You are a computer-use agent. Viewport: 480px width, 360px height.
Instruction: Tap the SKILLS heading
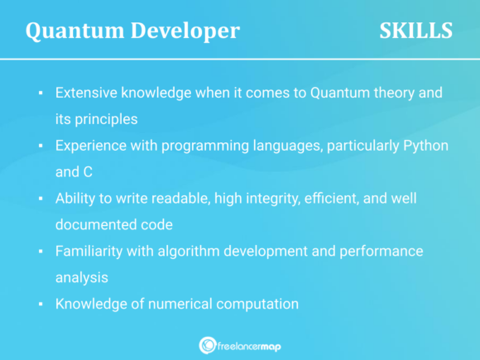tap(415, 31)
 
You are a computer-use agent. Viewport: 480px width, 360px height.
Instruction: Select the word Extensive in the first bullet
tap(87, 92)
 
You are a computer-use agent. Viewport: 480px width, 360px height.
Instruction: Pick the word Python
tap(426, 145)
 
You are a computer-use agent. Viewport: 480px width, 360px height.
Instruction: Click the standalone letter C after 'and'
tap(87, 171)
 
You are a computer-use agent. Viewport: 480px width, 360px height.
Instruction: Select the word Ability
tap(75, 198)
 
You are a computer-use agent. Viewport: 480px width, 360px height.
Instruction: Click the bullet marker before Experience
tap(41, 146)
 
